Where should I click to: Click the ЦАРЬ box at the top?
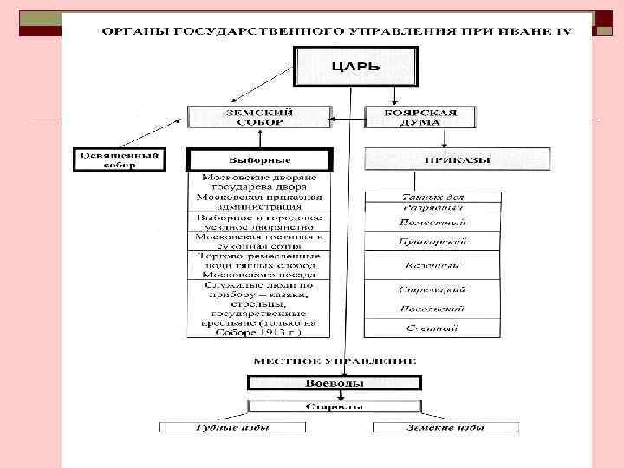pos(356,66)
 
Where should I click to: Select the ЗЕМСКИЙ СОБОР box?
pos(259,117)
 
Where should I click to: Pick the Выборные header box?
pos(259,160)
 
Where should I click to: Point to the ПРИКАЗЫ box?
pos(457,159)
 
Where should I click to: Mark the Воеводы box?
pos(335,383)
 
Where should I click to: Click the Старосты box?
pos(335,406)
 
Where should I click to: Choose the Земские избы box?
pos(445,427)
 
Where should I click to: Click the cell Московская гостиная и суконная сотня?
pos(259,240)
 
